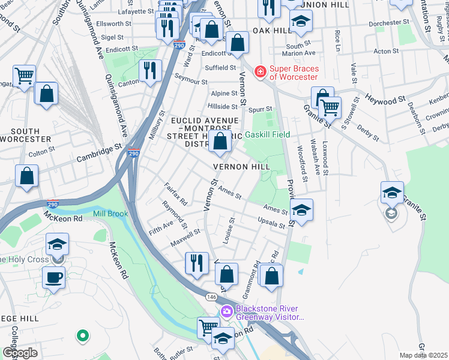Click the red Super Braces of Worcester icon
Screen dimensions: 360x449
[259, 72]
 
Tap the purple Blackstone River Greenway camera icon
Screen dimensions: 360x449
[226, 311]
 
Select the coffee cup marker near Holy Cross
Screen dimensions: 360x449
[54, 278]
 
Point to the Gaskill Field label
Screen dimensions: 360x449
[267, 135]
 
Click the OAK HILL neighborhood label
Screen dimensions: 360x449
[270, 30]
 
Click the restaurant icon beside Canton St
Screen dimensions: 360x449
[149, 70]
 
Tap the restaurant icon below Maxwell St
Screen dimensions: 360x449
[196, 262]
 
